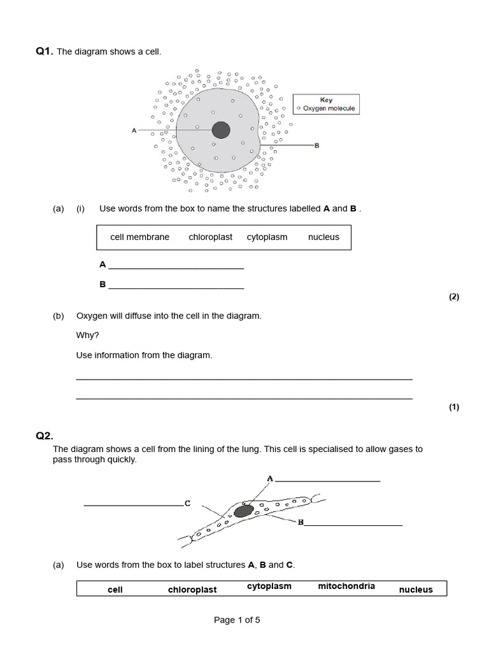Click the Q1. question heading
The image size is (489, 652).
[45, 52]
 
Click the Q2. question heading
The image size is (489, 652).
[45, 436]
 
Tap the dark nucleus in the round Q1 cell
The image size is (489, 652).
[221, 130]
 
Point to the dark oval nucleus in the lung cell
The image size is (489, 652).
[243, 511]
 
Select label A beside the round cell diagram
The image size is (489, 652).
[134, 131]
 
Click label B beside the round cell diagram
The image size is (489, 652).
[316, 146]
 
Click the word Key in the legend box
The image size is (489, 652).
[326, 100]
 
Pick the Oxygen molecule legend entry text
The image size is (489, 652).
[329, 109]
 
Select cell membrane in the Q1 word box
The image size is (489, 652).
[139, 237]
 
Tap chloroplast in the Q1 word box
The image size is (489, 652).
[211, 237]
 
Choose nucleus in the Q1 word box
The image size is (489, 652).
[323, 237]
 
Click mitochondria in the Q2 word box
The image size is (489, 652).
[346, 586]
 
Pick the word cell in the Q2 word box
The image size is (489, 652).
[115, 590]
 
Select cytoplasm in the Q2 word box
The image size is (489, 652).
[269, 586]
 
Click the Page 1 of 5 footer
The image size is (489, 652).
[237, 620]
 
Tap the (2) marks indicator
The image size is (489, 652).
[453, 297]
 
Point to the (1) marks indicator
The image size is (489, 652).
[453, 407]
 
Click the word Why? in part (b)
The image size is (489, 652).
[88, 335]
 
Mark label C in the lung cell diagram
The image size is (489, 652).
[187, 503]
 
